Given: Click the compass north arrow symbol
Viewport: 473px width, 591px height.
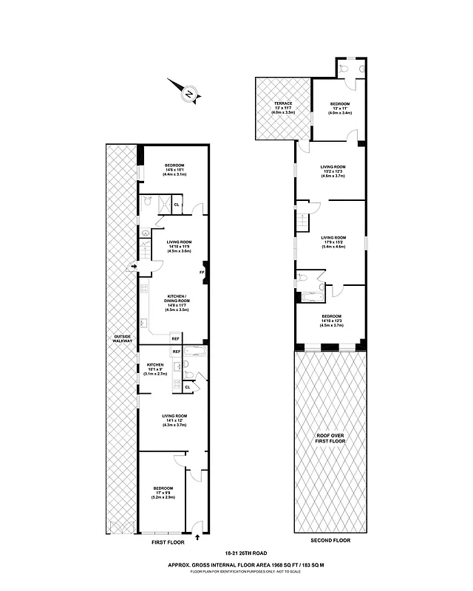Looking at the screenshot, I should (x=188, y=94).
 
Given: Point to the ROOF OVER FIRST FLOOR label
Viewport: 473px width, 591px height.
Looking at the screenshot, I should (x=330, y=441).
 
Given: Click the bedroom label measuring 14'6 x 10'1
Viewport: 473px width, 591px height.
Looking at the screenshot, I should (x=174, y=170).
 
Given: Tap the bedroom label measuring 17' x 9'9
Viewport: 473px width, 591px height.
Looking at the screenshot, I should (x=163, y=493).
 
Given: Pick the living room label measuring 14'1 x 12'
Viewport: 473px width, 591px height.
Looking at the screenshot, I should (x=174, y=420).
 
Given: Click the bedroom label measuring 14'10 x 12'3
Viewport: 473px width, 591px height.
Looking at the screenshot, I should (x=332, y=321).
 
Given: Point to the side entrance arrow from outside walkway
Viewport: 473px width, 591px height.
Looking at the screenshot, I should (x=133, y=267).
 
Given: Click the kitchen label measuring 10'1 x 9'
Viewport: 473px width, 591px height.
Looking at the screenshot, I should (x=155, y=369).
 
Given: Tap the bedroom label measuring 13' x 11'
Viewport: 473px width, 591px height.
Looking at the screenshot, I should (x=340, y=108).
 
